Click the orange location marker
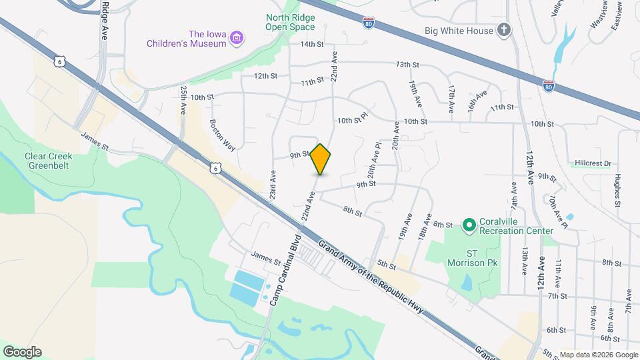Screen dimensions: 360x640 (x=321, y=159)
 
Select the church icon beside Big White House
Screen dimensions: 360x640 (x=505, y=31)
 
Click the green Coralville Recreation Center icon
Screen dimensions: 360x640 (x=469, y=226)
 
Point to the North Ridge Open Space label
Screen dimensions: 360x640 (x=290, y=22)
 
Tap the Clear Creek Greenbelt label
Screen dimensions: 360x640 (x=48, y=161)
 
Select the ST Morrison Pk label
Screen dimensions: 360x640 (x=472, y=257)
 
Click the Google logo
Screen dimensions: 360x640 (x=22, y=351)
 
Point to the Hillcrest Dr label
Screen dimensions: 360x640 (x=593, y=163)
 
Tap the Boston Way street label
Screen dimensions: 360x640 (x=222, y=135)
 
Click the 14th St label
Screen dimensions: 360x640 (x=311, y=45)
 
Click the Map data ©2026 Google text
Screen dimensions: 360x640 (x=598, y=355)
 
